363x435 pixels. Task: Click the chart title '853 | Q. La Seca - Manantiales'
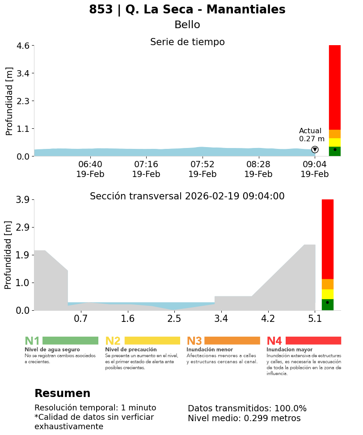(187, 10)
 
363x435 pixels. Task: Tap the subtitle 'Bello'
(187, 25)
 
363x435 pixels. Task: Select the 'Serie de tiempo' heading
(187, 42)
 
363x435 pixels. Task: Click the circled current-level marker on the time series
(315, 149)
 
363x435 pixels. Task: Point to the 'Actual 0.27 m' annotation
(312, 135)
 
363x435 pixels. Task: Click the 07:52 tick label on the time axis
(203, 165)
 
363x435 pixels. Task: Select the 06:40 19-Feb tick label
(90, 169)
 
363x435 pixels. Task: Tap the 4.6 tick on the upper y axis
(23, 46)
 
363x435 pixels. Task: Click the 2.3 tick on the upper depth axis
(23, 101)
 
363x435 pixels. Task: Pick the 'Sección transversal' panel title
(187, 196)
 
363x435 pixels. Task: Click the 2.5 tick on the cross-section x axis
(174, 319)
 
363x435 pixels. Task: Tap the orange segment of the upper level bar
(334, 134)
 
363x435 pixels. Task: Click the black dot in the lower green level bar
(327, 303)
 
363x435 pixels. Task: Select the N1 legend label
(32, 341)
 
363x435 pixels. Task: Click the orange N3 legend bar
(232, 341)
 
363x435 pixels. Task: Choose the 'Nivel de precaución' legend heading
(131, 350)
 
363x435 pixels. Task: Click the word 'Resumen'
(62, 393)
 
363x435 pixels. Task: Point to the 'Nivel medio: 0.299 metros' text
(244, 418)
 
